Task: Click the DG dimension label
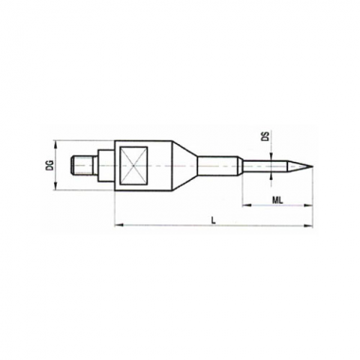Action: coord(50,165)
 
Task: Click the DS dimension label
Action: coord(266,136)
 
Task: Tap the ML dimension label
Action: coord(278,200)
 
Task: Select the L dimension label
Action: coord(213,220)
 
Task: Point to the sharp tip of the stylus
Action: coord(314,166)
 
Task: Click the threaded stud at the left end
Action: coord(81,164)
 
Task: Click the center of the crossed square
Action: coord(135,165)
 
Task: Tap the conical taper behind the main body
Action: coord(185,166)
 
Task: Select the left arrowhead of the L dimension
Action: coord(117,225)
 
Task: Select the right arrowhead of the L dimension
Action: coord(308,225)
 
